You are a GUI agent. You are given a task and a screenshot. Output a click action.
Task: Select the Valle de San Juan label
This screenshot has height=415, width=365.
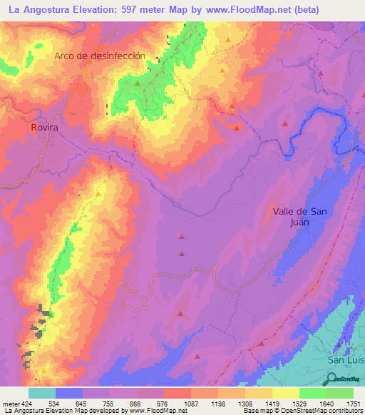(300, 216)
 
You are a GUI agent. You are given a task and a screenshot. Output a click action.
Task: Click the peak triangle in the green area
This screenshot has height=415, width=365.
(138, 83)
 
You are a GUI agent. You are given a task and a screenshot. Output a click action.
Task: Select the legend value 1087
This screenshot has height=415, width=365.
(191, 404)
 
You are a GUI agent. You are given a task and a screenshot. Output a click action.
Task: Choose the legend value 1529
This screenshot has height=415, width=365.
(299, 404)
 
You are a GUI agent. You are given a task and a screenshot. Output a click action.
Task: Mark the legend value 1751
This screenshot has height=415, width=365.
(353, 404)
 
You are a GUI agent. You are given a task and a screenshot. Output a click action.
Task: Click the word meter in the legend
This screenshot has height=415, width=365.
(11, 404)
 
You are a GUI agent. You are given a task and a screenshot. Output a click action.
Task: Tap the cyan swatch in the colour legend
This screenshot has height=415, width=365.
(42, 393)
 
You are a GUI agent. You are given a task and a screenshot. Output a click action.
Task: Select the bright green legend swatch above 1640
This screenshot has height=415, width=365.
(312, 393)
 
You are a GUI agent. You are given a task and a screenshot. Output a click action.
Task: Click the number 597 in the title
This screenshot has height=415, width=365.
(132, 10)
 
